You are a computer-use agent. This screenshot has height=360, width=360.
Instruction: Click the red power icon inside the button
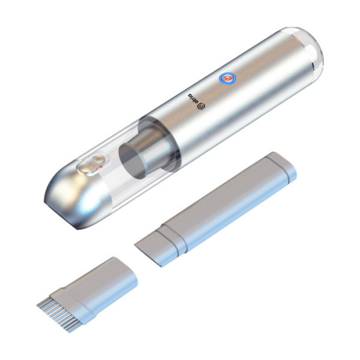225,78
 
